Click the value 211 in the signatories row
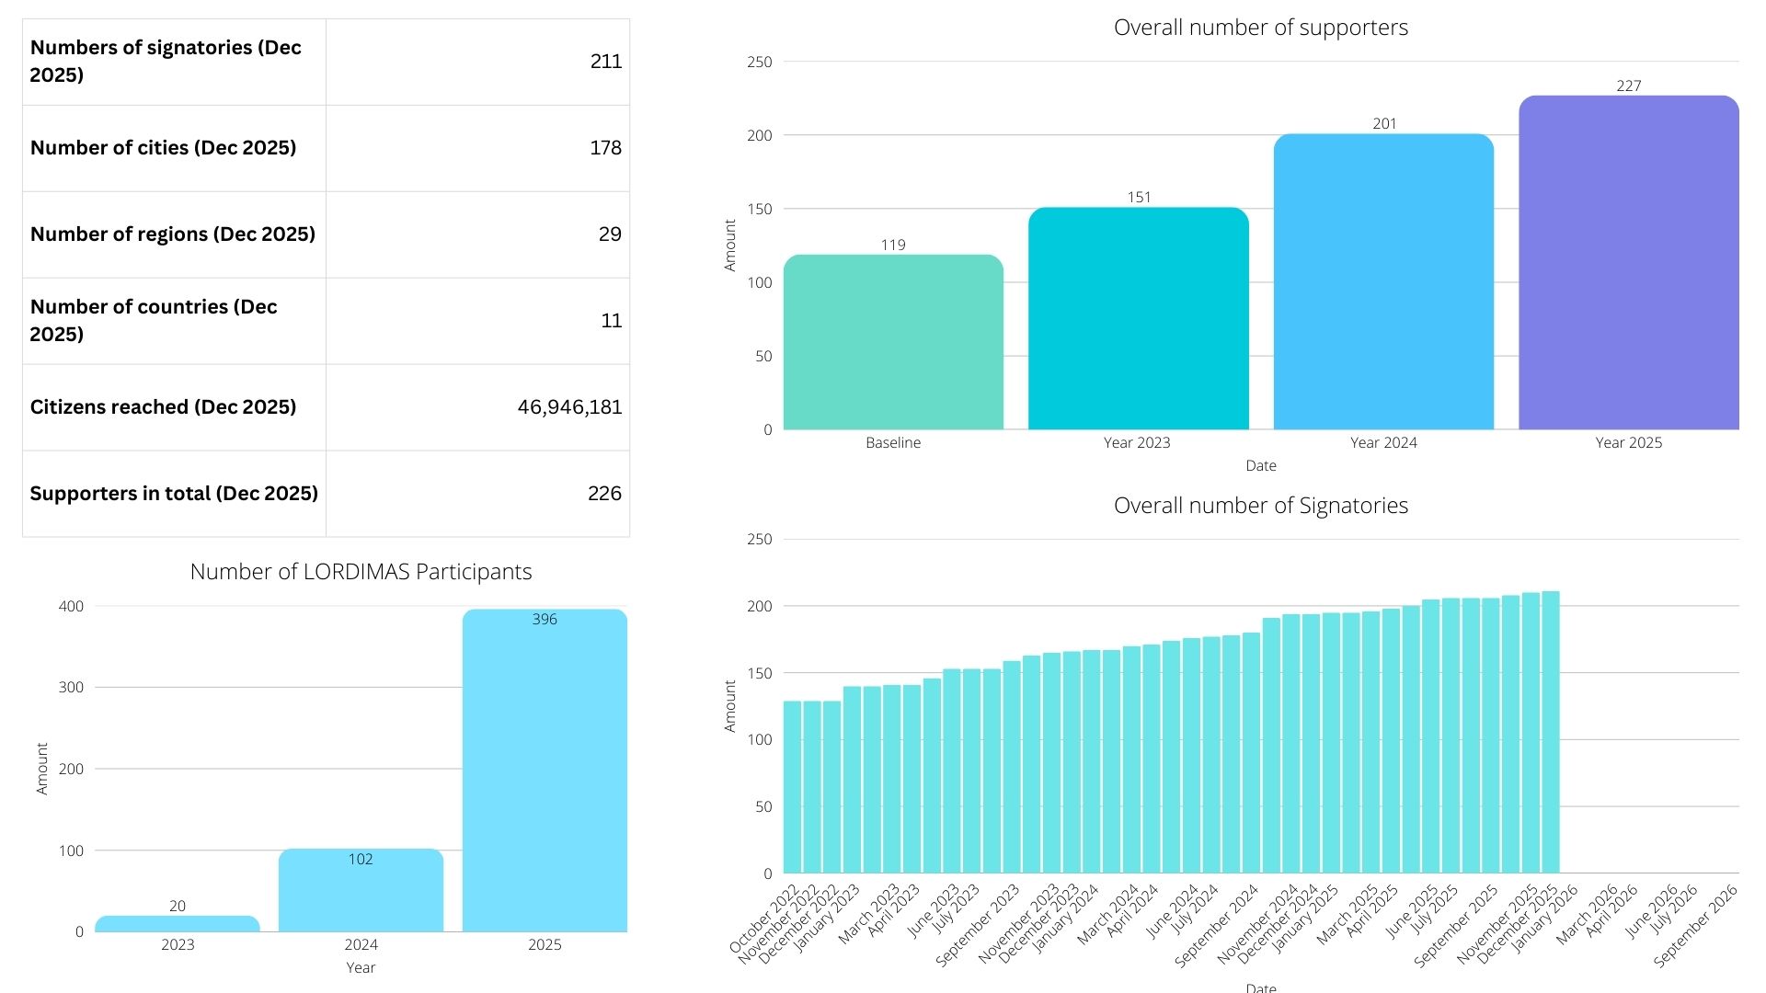tap(605, 62)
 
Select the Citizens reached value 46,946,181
tap(569, 407)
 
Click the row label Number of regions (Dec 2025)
tap(173, 234)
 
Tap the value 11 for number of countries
tap(611, 321)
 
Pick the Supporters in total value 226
tap(604, 494)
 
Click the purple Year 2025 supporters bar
tap(1628, 267)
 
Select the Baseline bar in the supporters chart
tap(893, 345)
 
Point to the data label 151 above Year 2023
tap(1139, 197)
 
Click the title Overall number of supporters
tap(1260, 28)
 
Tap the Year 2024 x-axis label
tap(1383, 443)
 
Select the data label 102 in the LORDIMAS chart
tap(361, 860)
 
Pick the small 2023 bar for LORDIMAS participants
tap(178, 924)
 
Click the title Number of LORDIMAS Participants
tap(361, 572)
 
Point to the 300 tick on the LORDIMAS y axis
tap(71, 688)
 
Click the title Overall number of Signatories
tap(1260, 506)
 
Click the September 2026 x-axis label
tap(1694, 927)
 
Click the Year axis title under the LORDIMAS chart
tap(361, 967)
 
